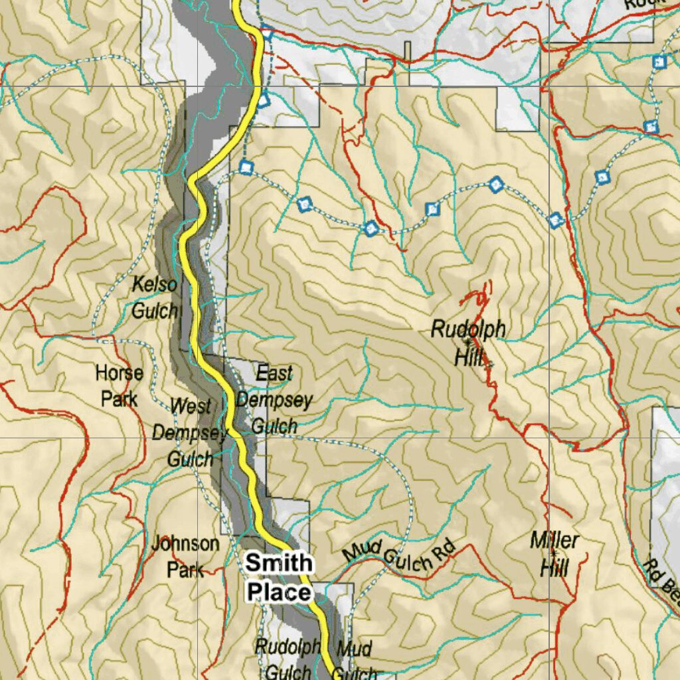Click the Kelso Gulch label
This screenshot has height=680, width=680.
point(155,297)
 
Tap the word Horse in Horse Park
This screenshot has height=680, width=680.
point(119,373)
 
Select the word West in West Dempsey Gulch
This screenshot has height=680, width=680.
point(191,406)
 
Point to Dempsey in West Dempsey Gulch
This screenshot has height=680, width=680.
point(189,432)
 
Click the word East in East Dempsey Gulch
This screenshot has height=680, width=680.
point(274,374)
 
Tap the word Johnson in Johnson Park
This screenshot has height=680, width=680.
point(185,544)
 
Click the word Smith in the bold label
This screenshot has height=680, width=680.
point(278,563)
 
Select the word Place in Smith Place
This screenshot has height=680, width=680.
point(278,592)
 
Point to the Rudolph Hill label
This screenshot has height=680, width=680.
point(467,342)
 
